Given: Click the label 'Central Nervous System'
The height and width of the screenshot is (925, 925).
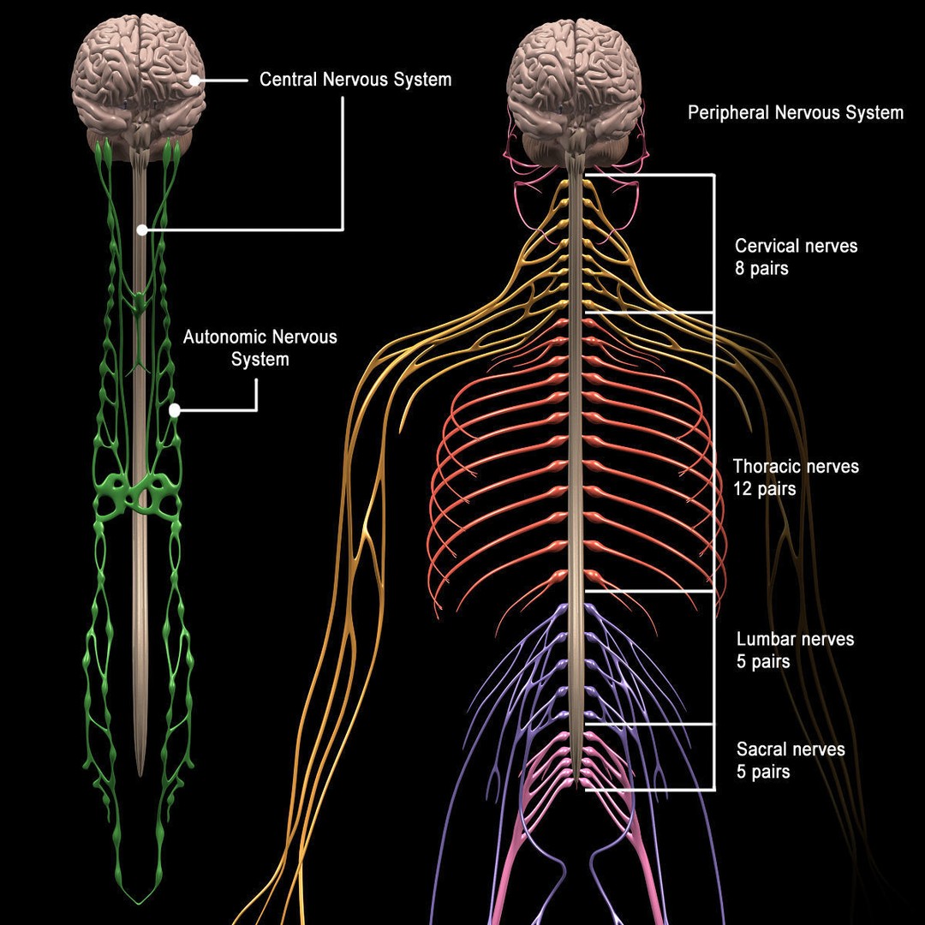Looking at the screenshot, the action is tap(355, 80).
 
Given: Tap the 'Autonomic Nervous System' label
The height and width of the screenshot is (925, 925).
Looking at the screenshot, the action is tap(260, 348).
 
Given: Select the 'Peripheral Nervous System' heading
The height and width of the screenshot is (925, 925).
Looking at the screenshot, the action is tap(795, 112).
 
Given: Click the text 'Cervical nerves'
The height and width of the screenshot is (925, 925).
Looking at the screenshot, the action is tap(796, 246).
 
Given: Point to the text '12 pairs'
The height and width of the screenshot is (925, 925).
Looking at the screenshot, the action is tap(764, 490).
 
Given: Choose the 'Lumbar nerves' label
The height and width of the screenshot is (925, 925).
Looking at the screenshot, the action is tap(795, 639).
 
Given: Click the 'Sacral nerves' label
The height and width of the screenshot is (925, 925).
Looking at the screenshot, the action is tap(791, 749).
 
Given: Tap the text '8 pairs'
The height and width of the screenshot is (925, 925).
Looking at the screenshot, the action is tap(761, 268).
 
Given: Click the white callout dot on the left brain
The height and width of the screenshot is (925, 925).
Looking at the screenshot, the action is tap(196, 81).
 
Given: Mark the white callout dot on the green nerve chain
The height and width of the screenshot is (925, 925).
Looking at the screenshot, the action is tap(175, 410).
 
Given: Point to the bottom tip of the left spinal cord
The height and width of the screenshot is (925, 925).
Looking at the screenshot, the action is tap(141, 771).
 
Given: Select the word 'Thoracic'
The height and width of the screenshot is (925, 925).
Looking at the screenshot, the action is tap(767, 467).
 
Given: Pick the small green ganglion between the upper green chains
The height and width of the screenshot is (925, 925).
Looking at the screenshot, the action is tap(140, 302).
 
